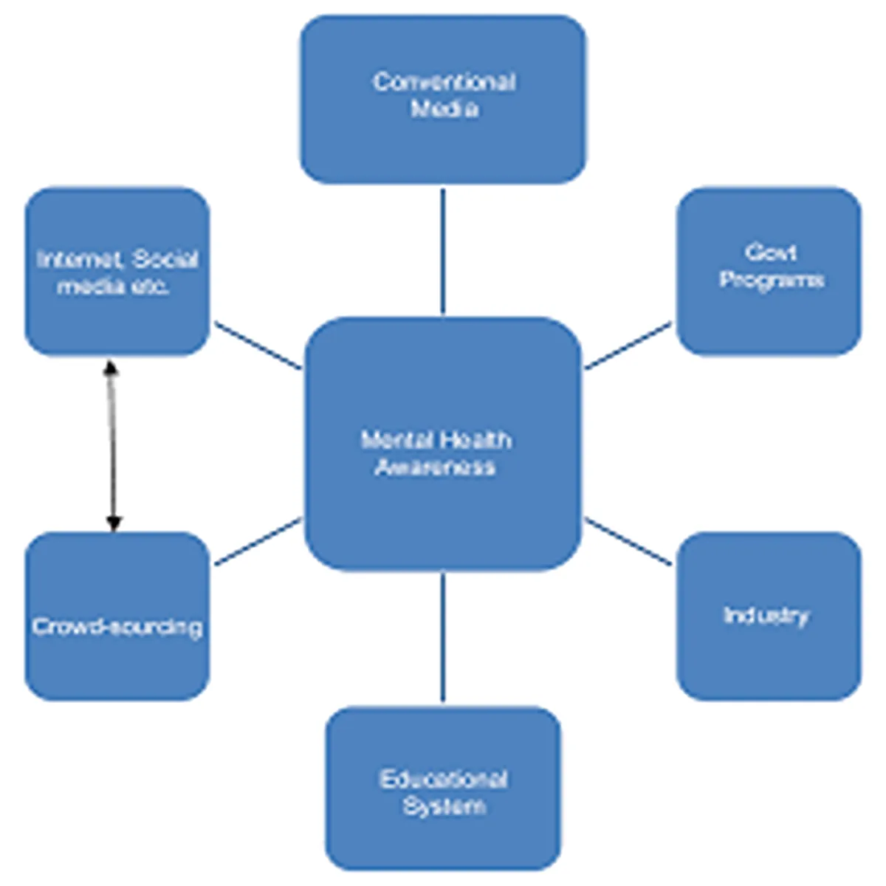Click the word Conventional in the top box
tap(444, 81)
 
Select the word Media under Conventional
tap(444, 109)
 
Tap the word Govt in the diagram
tap(770, 253)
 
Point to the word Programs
tap(771, 280)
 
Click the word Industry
tap(766, 615)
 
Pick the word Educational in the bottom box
tap(443, 779)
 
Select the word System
tap(444, 806)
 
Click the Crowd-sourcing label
tap(117, 627)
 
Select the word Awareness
tap(435, 467)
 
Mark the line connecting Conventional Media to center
tap(443, 251)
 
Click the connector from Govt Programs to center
tap(628, 345)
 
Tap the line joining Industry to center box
tap(628, 542)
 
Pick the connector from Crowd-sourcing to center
tap(258, 542)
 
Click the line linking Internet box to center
tap(258, 345)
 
